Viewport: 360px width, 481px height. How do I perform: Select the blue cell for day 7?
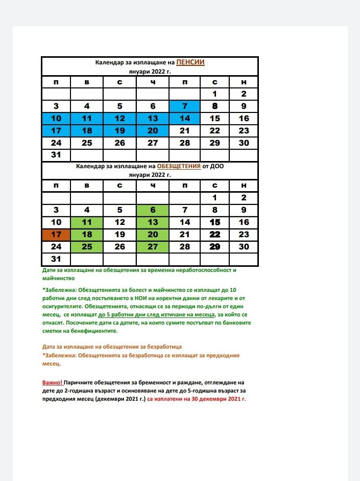(184, 106)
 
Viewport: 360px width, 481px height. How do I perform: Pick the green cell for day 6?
(153, 210)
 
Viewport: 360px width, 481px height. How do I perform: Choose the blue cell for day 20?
(153, 130)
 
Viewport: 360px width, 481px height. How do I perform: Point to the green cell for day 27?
(153, 247)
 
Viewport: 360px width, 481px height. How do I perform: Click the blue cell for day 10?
(56, 119)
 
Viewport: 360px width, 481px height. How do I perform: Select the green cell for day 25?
(87, 247)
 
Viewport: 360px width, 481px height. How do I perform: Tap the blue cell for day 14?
(184, 119)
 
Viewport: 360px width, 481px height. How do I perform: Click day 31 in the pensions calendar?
(56, 155)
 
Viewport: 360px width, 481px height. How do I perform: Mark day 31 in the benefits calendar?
(56, 259)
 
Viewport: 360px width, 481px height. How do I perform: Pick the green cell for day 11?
(87, 222)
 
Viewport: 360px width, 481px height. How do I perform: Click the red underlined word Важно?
(53, 383)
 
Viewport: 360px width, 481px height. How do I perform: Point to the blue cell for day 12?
(119, 119)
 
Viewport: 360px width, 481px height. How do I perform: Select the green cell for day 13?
(153, 222)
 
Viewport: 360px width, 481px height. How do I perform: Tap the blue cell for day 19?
(119, 130)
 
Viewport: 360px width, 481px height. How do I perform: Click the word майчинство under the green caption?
(58, 279)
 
